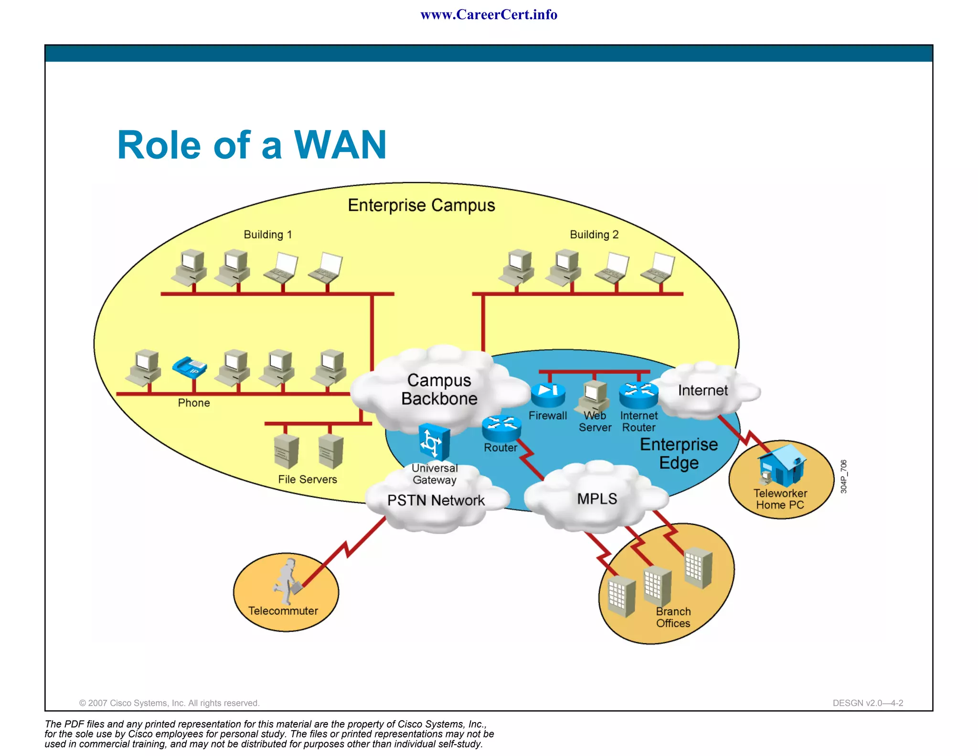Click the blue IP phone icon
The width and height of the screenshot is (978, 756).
190,367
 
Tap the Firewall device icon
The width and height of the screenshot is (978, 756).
548,394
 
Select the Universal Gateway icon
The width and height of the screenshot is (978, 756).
434,442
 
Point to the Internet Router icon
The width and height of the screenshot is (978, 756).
638,395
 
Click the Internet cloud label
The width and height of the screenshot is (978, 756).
702,390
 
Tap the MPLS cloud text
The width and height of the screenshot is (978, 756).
597,498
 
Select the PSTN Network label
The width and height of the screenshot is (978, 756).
436,500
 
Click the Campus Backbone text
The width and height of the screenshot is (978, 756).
439,389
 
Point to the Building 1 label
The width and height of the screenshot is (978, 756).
267,234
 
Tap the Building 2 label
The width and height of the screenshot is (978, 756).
594,234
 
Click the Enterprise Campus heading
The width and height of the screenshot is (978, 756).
421,205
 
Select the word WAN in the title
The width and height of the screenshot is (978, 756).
340,145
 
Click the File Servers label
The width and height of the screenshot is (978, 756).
307,479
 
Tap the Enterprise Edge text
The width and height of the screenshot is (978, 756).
679,453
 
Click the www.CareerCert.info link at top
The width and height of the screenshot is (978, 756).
489,14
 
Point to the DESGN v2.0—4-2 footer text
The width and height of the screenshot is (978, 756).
868,702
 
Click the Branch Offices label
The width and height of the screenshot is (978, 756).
673,617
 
